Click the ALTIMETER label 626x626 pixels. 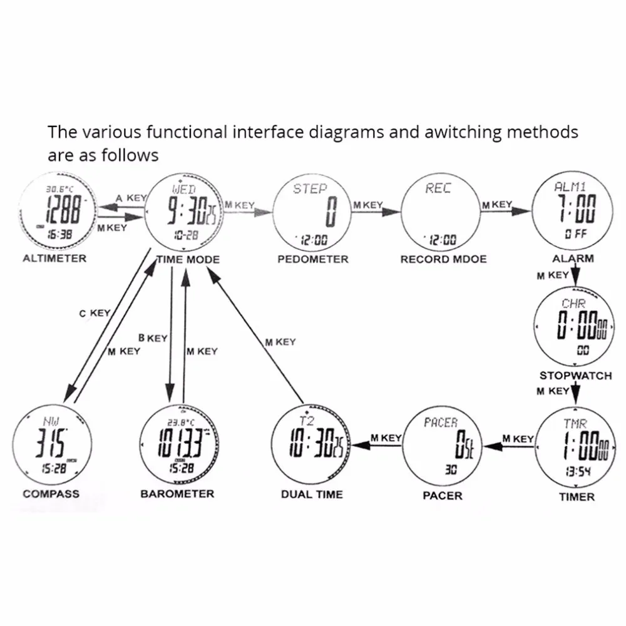click(x=54, y=259)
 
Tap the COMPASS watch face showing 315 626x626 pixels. click(x=51, y=444)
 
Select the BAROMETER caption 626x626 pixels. click(x=177, y=494)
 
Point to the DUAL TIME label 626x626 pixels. click(x=312, y=495)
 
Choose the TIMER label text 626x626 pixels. click(x=577, y=497)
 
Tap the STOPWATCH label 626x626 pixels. click(x=575, y=376)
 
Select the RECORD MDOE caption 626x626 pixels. click(x=443, y=259)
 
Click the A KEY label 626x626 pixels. click(x=131, y=198)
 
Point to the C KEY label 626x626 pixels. click(x=95, y=313)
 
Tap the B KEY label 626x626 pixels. click(x=153, y=338)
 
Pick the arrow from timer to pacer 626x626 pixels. click(x=510, y=446)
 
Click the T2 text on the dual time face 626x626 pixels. click(x=307, y=419)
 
